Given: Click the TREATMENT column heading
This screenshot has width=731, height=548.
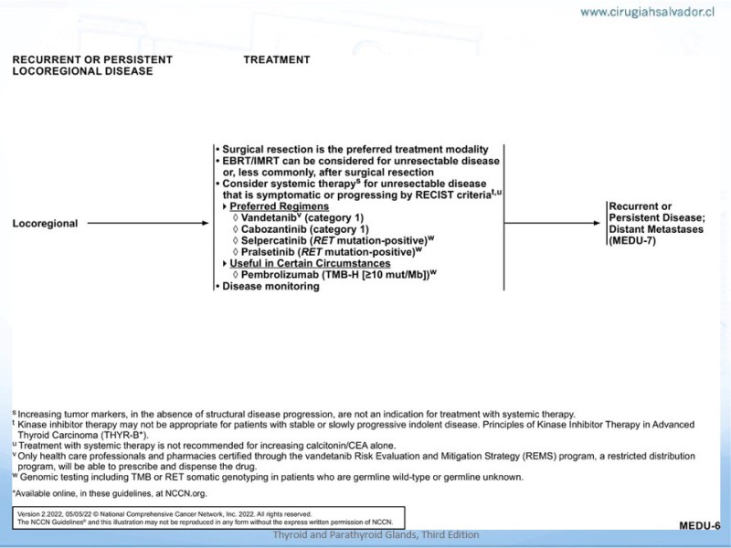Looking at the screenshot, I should tap(276, 60).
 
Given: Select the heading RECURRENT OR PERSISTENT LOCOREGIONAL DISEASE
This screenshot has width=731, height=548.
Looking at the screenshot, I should tap(92, 66).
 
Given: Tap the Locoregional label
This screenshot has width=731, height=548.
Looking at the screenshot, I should tap(45, 223).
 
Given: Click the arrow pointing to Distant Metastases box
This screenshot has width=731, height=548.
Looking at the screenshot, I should tap(556, 223).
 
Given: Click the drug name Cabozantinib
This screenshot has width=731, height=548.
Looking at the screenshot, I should tap(272, 229).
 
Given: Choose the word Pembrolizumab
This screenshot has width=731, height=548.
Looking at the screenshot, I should tap(278, 275).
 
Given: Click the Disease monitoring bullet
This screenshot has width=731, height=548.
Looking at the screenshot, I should tap(269, 287).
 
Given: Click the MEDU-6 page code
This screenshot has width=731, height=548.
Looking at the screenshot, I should tap(699, 526).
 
